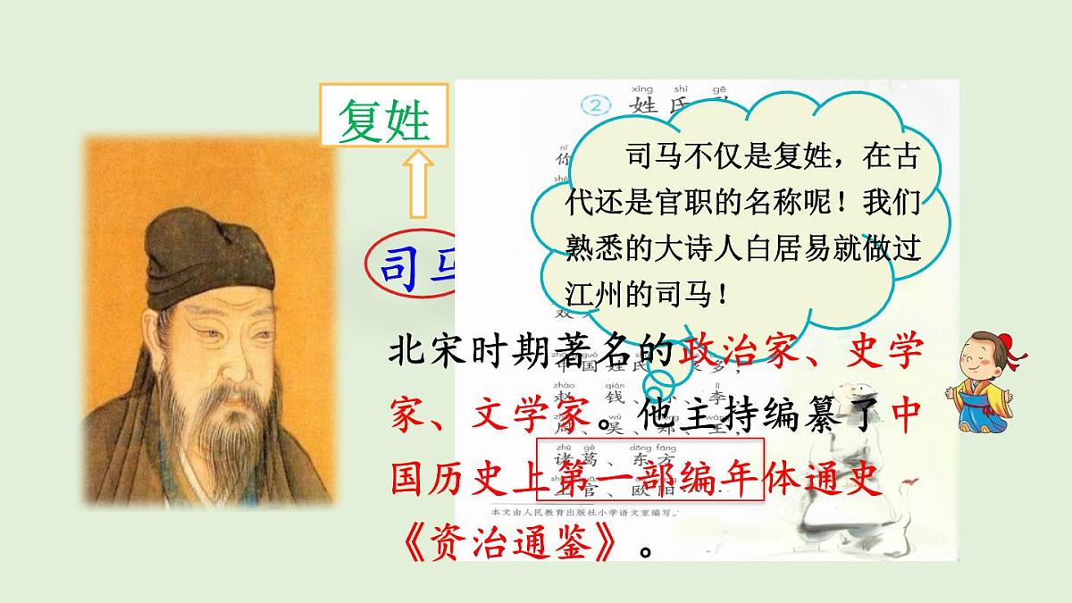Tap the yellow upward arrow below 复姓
415,182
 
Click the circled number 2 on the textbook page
594,105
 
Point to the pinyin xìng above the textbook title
641,89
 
